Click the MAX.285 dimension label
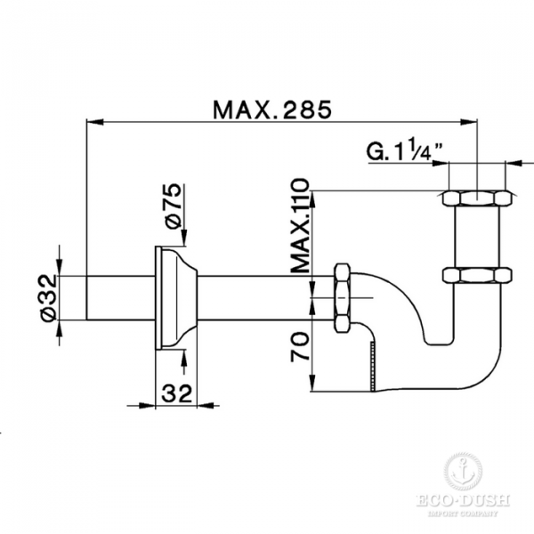click(x=272, y=109)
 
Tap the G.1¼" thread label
click(x=405, y=150)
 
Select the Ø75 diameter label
click(x=173, y=206)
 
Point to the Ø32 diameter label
click(x=48, y=298)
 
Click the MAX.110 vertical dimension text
click(x=301, y=225)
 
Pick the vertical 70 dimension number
click(x=300, y=347)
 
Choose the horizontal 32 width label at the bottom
click(x=177, y=393)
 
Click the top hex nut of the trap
click(x=477, y=198)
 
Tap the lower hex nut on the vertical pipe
click(x=477, y=275)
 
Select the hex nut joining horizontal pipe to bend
click(x=342, y=297)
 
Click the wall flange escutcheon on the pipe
click(x=176, y=297)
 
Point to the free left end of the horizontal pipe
click(x=86, y=298)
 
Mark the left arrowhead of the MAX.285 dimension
click(x=95, y=122)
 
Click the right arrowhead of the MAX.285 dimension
click(x=469, y=122)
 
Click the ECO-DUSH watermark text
click(x=463, y=501)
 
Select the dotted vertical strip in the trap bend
click(x=373, y=367)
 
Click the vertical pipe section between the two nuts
click(x=477, y=237)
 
